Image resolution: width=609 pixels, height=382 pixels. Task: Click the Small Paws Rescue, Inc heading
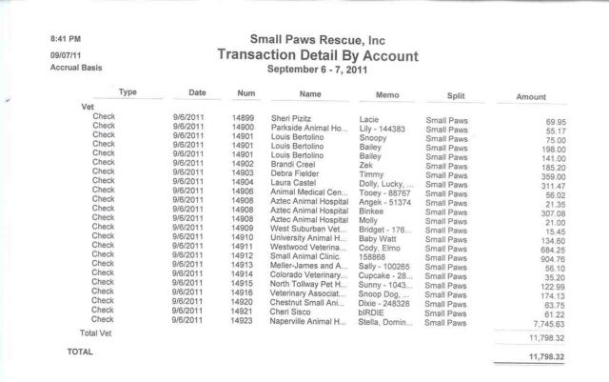click(x=317, y=39)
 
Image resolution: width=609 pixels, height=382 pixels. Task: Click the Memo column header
click(x=387, y=95)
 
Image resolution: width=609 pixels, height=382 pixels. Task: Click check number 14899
click(x=242, y=119)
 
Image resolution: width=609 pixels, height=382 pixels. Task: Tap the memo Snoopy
click(x=375, y=138)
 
